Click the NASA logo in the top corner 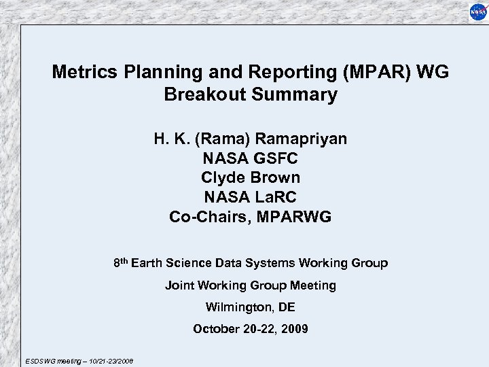476,12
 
